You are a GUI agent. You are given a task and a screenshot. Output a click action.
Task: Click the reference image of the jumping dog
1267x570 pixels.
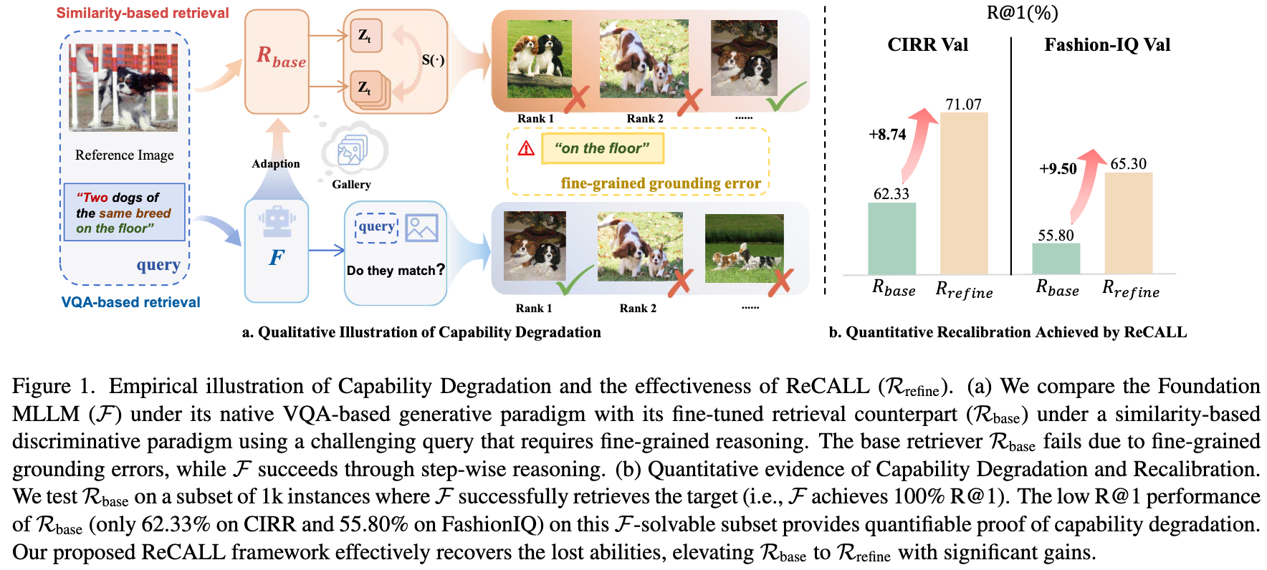pos(123,87)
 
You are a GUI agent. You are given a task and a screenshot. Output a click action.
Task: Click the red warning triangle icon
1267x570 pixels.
pos(526,148)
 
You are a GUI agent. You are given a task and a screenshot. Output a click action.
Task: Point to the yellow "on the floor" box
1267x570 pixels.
pos(602,148)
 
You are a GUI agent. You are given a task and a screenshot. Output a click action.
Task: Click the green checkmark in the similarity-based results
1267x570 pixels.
pos(785,97)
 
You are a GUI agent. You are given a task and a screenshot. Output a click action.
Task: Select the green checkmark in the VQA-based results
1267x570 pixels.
pos(575,281)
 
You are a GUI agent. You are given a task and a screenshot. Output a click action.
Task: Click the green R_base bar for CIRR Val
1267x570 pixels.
pos(891,238)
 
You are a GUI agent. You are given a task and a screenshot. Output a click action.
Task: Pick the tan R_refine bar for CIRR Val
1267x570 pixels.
pos(964,193)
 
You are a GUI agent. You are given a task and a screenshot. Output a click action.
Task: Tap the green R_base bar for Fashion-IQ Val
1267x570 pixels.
pos(1056,259)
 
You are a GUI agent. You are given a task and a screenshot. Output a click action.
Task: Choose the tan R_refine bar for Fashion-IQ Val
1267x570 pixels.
pos(1128,223)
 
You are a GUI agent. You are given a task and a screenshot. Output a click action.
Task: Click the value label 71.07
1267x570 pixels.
pos(963,105)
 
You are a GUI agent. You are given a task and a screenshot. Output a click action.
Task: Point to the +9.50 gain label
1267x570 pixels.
pos(1058,169)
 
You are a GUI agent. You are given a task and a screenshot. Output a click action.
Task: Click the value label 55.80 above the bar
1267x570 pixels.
pos(1056,235)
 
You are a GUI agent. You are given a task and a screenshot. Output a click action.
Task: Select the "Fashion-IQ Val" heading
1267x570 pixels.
pos(1107,45)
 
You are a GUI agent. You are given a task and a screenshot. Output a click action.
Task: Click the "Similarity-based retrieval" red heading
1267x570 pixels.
pos(143,13)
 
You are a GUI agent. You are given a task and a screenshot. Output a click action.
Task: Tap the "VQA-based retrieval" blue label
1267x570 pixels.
pos(130,302)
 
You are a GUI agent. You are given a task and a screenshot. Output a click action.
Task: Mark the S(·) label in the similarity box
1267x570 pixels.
pos(433,60)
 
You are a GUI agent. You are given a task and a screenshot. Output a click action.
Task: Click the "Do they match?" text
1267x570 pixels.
pos(396,270)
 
